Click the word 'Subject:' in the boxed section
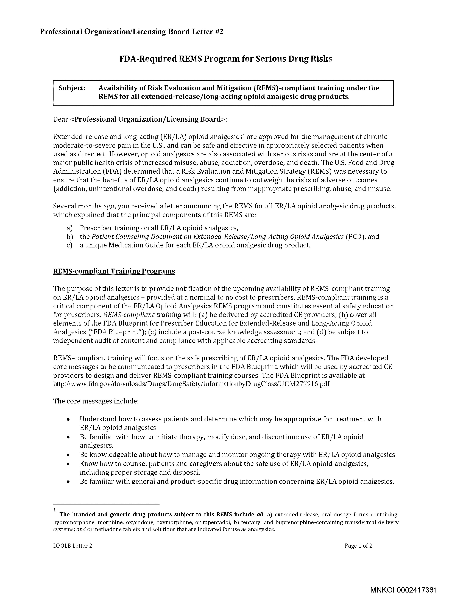tap(72, 88)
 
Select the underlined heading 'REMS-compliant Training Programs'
tap(114, 271)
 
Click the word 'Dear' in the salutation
tap(61, 119)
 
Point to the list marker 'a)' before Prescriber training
tap(70, 228)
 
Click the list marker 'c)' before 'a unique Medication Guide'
tap(70, 245)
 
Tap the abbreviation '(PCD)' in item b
tap(355, 237)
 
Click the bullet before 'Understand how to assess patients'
tap(69, 419)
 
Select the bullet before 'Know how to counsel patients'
tap(69, 464)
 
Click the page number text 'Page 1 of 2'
tap(358, 546)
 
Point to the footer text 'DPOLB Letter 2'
tap(73, 546)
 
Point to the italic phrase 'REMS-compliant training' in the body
tap(142, 315)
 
